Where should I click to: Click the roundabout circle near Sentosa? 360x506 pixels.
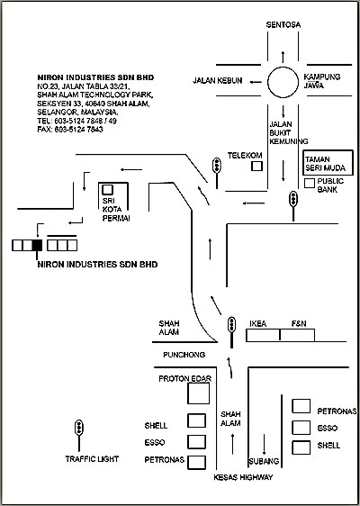267,82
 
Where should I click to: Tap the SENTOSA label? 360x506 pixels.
283,25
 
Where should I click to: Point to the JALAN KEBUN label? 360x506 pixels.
218,81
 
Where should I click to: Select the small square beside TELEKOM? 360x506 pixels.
257,166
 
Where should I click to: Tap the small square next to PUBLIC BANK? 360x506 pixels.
310,183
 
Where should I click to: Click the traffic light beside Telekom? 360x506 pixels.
217,173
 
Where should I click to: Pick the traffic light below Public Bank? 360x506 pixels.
293,205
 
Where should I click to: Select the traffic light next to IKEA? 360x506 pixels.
231,332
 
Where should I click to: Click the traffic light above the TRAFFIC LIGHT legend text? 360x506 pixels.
78,436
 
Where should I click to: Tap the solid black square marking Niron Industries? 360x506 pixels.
38,245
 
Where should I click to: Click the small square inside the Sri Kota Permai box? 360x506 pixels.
107,189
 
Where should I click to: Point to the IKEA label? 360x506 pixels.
258,323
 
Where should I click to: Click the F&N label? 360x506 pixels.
299,323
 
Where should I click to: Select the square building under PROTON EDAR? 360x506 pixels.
198,393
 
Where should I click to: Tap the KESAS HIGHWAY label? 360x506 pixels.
243,477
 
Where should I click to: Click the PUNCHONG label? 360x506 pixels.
184,355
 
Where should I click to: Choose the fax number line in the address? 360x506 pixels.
70,130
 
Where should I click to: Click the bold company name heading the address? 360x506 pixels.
95,77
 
